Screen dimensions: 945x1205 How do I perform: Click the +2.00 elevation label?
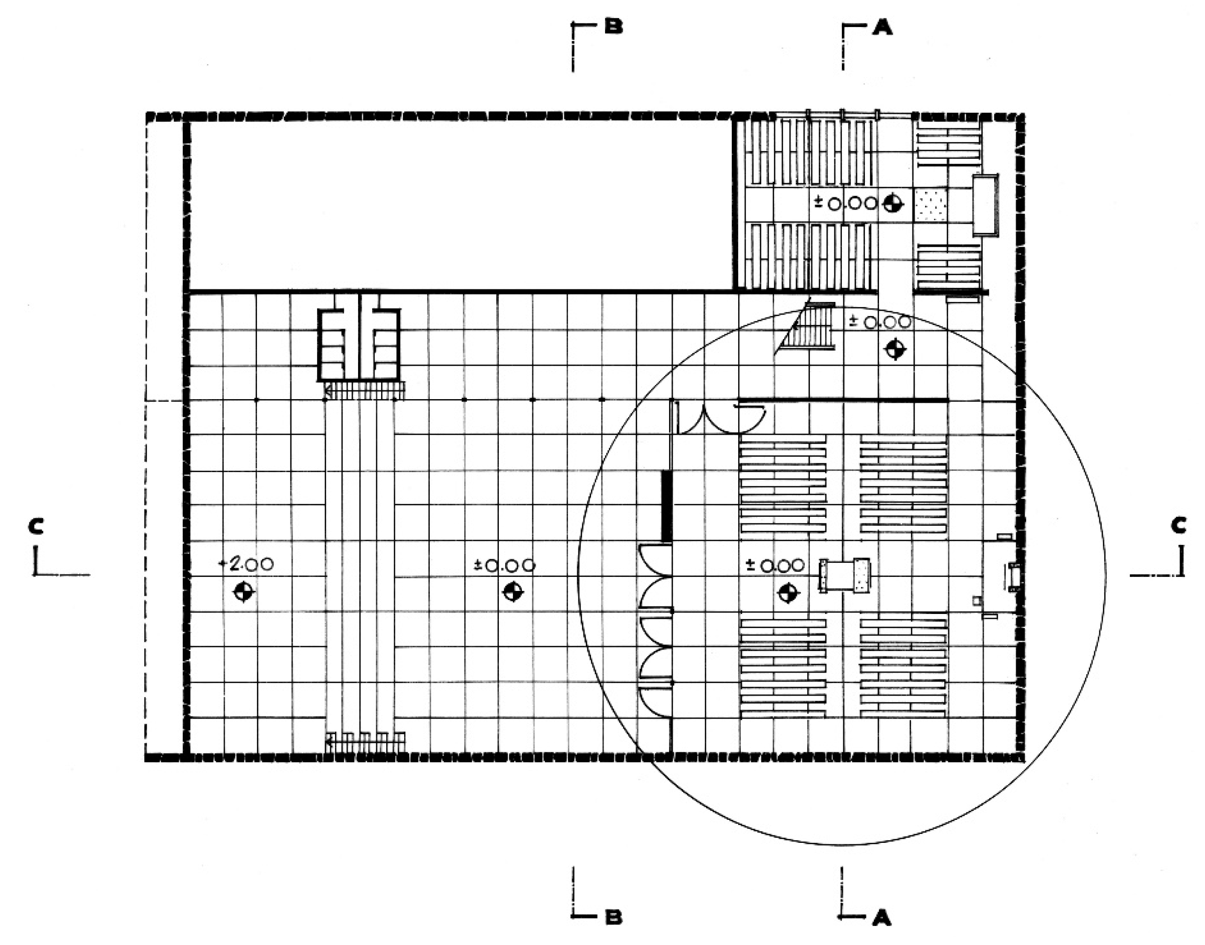point(247,564)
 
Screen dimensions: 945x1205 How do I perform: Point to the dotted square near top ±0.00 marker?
point(931,205)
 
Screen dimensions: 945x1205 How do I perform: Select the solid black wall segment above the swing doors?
point(667,506)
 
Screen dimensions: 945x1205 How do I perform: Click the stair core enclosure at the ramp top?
point(359,345)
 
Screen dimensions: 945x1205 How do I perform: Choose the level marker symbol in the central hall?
point(512,592)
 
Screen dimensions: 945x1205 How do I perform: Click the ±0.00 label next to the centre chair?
point(775,565)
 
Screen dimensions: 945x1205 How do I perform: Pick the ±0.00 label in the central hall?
point(504,565)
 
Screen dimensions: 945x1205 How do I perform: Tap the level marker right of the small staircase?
point(894,349)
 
